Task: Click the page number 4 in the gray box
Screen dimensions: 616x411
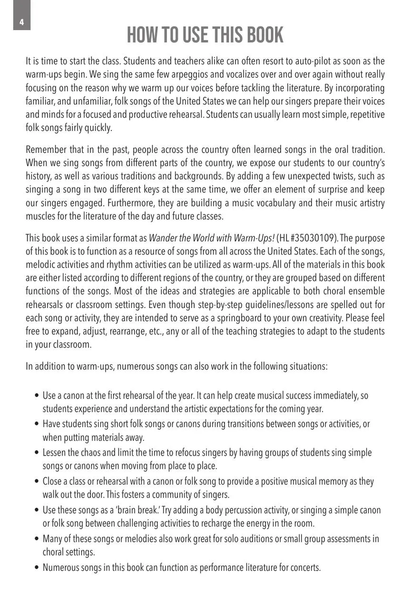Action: [21, 22]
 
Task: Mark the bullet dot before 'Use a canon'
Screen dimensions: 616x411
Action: [37, 396]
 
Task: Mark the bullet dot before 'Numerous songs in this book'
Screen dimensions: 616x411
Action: [37, 568]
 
